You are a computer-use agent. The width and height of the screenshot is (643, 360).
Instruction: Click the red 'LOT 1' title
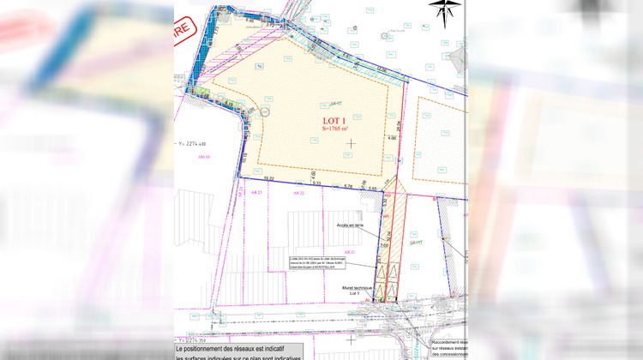(334, 120)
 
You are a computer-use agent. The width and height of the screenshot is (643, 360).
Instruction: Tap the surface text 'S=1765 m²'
(334, 129)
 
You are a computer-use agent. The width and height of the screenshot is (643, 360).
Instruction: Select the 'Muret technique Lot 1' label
(355, 291)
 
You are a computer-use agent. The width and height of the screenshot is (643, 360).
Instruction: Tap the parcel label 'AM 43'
(203, 157)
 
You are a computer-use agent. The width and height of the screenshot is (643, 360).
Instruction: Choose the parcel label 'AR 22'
(298, 194)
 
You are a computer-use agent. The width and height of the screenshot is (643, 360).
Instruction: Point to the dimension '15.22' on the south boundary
(268, 178)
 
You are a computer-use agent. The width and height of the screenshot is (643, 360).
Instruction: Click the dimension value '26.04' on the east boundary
(399, 127)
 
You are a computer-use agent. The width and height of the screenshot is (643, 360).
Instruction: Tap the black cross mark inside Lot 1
(350, 141)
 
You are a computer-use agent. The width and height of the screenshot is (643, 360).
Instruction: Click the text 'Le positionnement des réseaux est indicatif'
(237, 350)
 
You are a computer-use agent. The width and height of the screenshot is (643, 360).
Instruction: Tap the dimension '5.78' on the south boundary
(348, 186)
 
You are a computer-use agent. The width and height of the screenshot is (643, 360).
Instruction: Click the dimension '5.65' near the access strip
(373, 187)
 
